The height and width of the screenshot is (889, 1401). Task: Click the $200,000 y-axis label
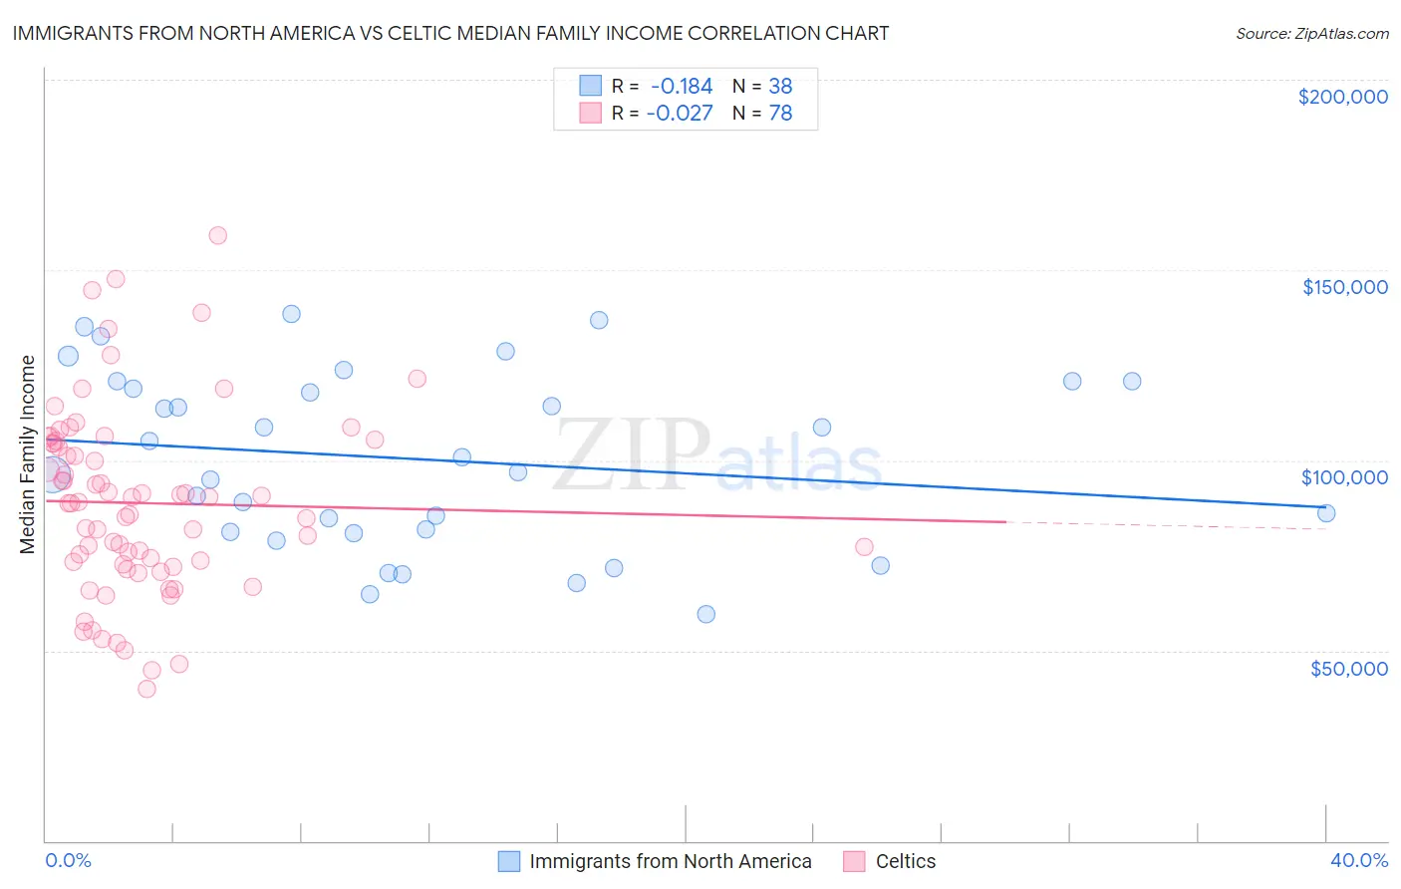(x=1342, y=97)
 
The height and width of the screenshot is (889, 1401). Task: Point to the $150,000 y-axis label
(x=1344, y=287)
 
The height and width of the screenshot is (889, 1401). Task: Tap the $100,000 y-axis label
(x=1344, y=477)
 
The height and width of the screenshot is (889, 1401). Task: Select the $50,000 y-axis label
(x=1348, y=668)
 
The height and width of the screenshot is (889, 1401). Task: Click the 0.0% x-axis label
(x=68, y=860)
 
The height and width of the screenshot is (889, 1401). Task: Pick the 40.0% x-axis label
(x=1358, y=860)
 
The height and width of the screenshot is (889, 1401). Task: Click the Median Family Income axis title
(x=28, y=453)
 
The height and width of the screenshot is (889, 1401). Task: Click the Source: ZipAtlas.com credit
(x=1311, y=34)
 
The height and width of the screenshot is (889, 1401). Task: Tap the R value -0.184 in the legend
(x=681, y=86)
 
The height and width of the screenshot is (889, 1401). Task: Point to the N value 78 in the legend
(x=780, y=114)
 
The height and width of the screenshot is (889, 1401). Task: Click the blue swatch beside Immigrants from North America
(x=509, y=861)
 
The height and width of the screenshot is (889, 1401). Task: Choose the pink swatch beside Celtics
(x=854, y=861)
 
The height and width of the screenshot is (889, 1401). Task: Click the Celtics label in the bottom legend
(x=905, y=861)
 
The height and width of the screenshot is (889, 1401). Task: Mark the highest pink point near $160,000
(x=217, y=235)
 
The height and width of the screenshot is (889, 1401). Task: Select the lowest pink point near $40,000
(x=146, y=689)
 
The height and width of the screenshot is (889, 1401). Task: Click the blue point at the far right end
(x=1326, y=513)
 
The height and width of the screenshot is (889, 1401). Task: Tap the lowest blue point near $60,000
(x=705, y=614)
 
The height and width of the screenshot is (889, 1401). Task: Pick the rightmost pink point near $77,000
(x=864, y=547)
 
